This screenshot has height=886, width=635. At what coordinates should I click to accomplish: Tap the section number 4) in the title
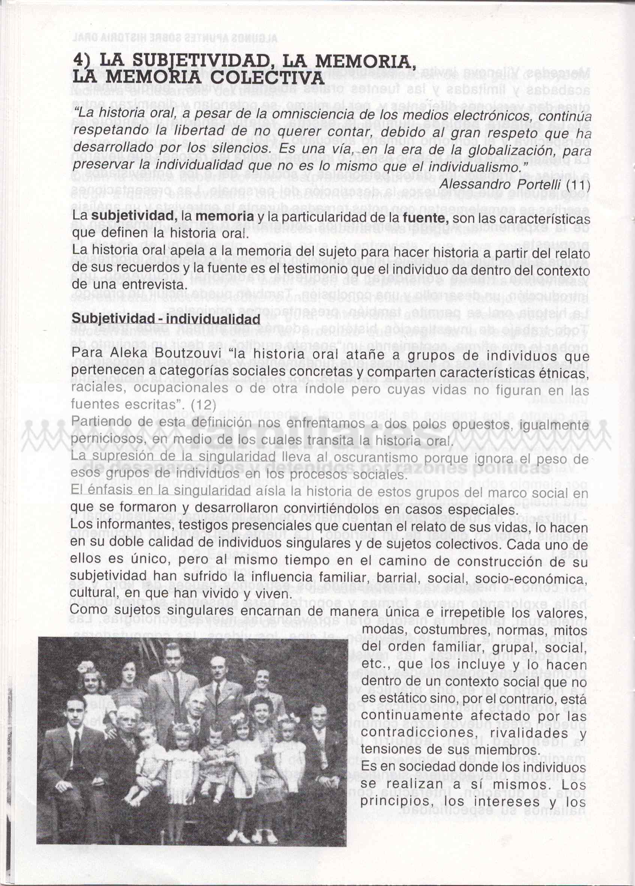click(x=84, y=60)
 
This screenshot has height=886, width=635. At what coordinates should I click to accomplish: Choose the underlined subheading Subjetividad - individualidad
click(x=166, y=318)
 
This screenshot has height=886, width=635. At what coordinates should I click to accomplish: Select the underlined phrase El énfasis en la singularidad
click(x=161, y=491)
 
